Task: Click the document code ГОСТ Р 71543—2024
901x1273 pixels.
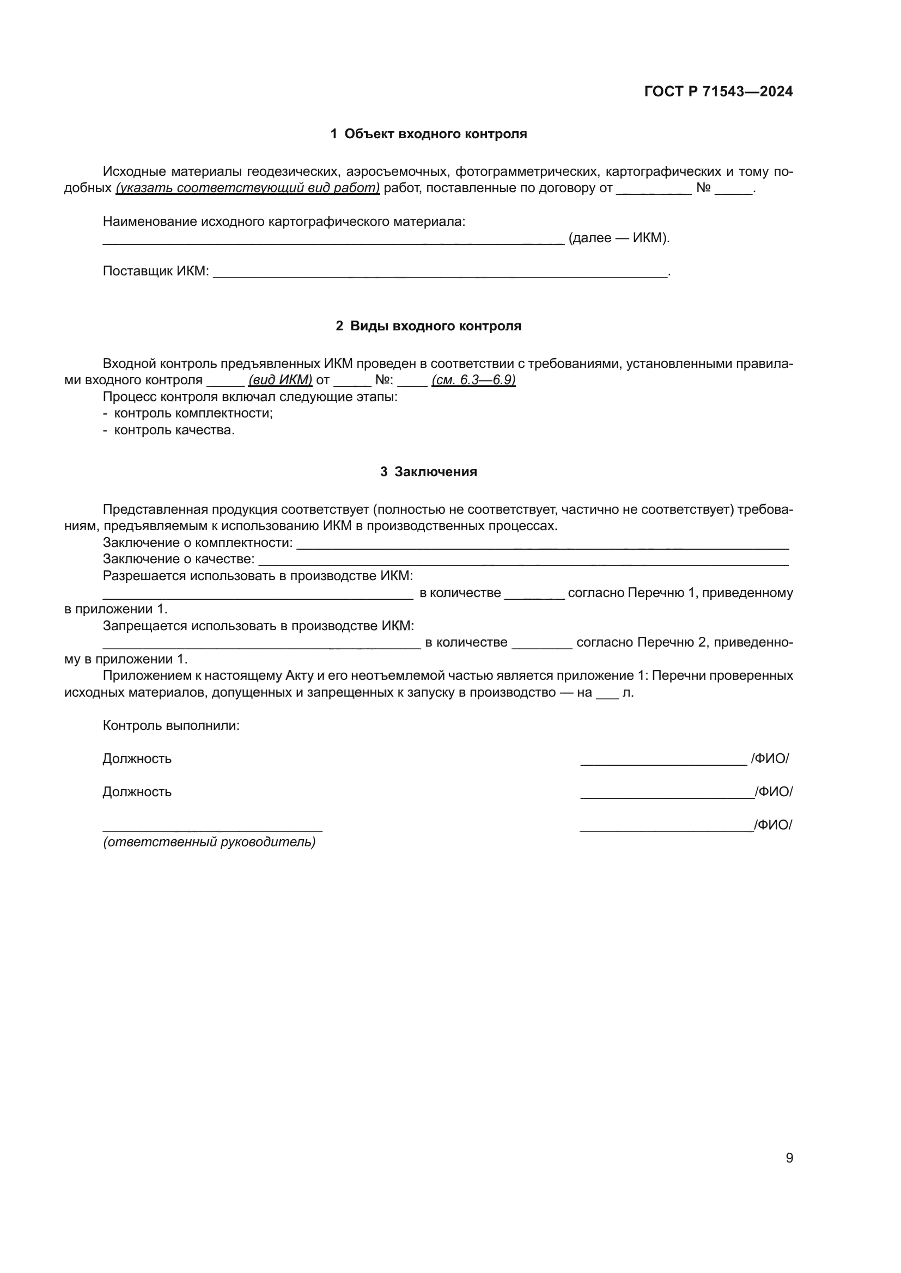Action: point(719,92)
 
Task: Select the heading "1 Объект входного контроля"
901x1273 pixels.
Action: point(429,134)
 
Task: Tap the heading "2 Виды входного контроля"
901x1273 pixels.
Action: point(428,326)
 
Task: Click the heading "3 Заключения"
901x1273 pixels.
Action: point(428,472)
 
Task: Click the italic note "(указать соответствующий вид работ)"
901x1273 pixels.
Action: point(248,188)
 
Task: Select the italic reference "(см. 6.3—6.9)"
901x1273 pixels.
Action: point(473,380)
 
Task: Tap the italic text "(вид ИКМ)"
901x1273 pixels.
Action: point(280,380)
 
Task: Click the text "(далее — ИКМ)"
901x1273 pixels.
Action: point(619,238)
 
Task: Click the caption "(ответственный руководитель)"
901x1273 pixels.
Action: point(209,841)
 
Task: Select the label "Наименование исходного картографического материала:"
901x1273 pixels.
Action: point(284,222)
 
